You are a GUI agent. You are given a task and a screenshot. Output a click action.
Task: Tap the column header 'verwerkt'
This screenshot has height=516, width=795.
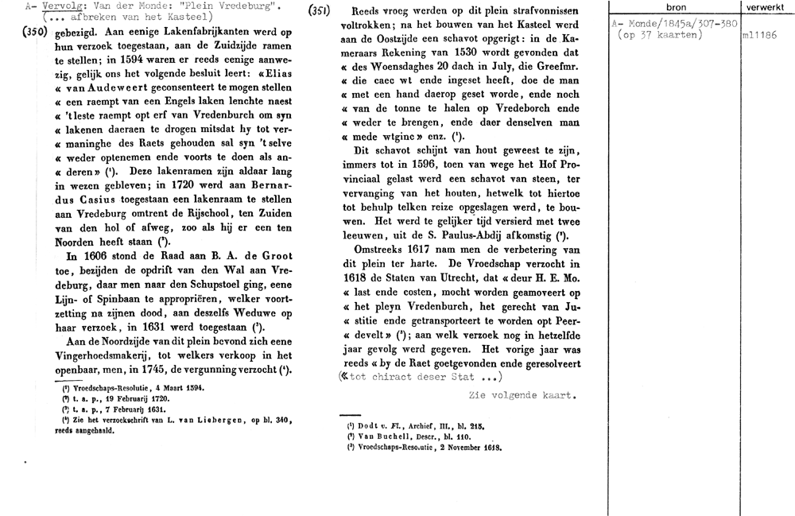point(765,7)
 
